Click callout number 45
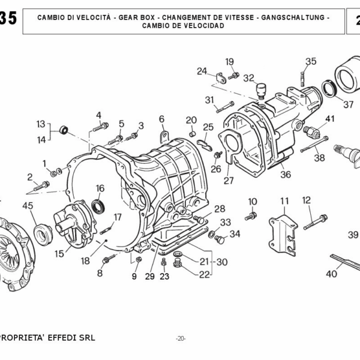tap(28, 206)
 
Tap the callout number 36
tap(285, 175)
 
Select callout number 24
tap(202, 71)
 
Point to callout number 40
tap(331, 274)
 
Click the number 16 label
tap(100, 188)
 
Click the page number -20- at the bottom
tap(181, 338)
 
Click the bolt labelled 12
tap(314, 223)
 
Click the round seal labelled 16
tap(98, 207)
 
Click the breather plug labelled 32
tap(260, 92)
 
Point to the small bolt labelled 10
tap(251, 215)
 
